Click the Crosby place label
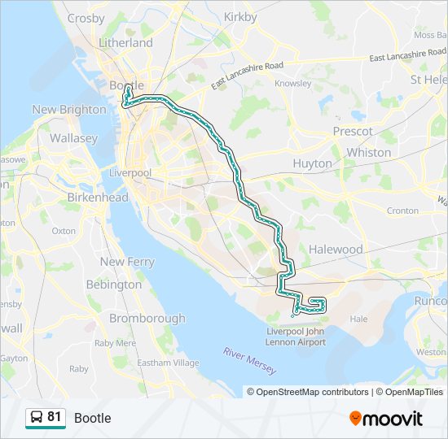click(86, 18)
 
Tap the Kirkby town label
click(239, 16)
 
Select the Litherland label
click(125, 42)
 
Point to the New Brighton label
click(69, 109)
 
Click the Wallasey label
click(73, 138)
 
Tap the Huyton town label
click(312, 163)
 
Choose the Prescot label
click(353, 131)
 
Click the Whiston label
click(368, 152)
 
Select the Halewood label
click(336, 249)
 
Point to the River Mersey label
click(250, 359)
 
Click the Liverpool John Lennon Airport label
click(296, 337)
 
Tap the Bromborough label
click(147, 318)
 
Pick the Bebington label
click(114, 285)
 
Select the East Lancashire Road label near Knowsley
click(247, 76)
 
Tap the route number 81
click(55, 417)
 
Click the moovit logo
click(386, 418)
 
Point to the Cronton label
click(402, 211)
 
